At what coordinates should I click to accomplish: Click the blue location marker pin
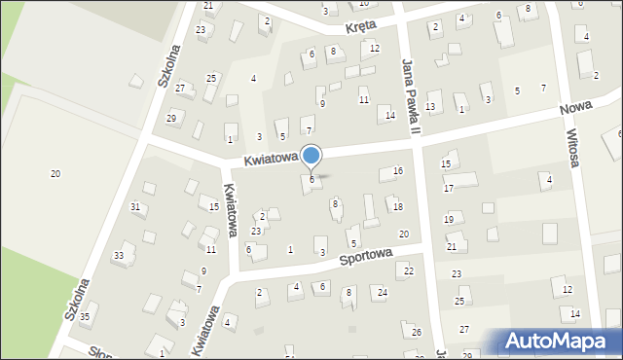tap(311, 157)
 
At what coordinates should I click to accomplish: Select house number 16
tap(397, 171)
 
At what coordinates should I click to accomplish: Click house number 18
tap(397, 206)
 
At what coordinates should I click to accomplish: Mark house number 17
tap(449, 188)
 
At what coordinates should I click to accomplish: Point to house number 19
tap(449, 220)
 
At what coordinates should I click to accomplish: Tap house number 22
tap(410, 270)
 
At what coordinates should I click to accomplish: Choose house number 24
tap(383, 292)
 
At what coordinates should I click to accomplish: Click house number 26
tap(416, 333)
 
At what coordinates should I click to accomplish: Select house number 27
tap(464, 330)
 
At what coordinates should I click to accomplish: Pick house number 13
tap(430, 106)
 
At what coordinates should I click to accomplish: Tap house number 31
tap(135, 206)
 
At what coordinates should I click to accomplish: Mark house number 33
tap(119, 255)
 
